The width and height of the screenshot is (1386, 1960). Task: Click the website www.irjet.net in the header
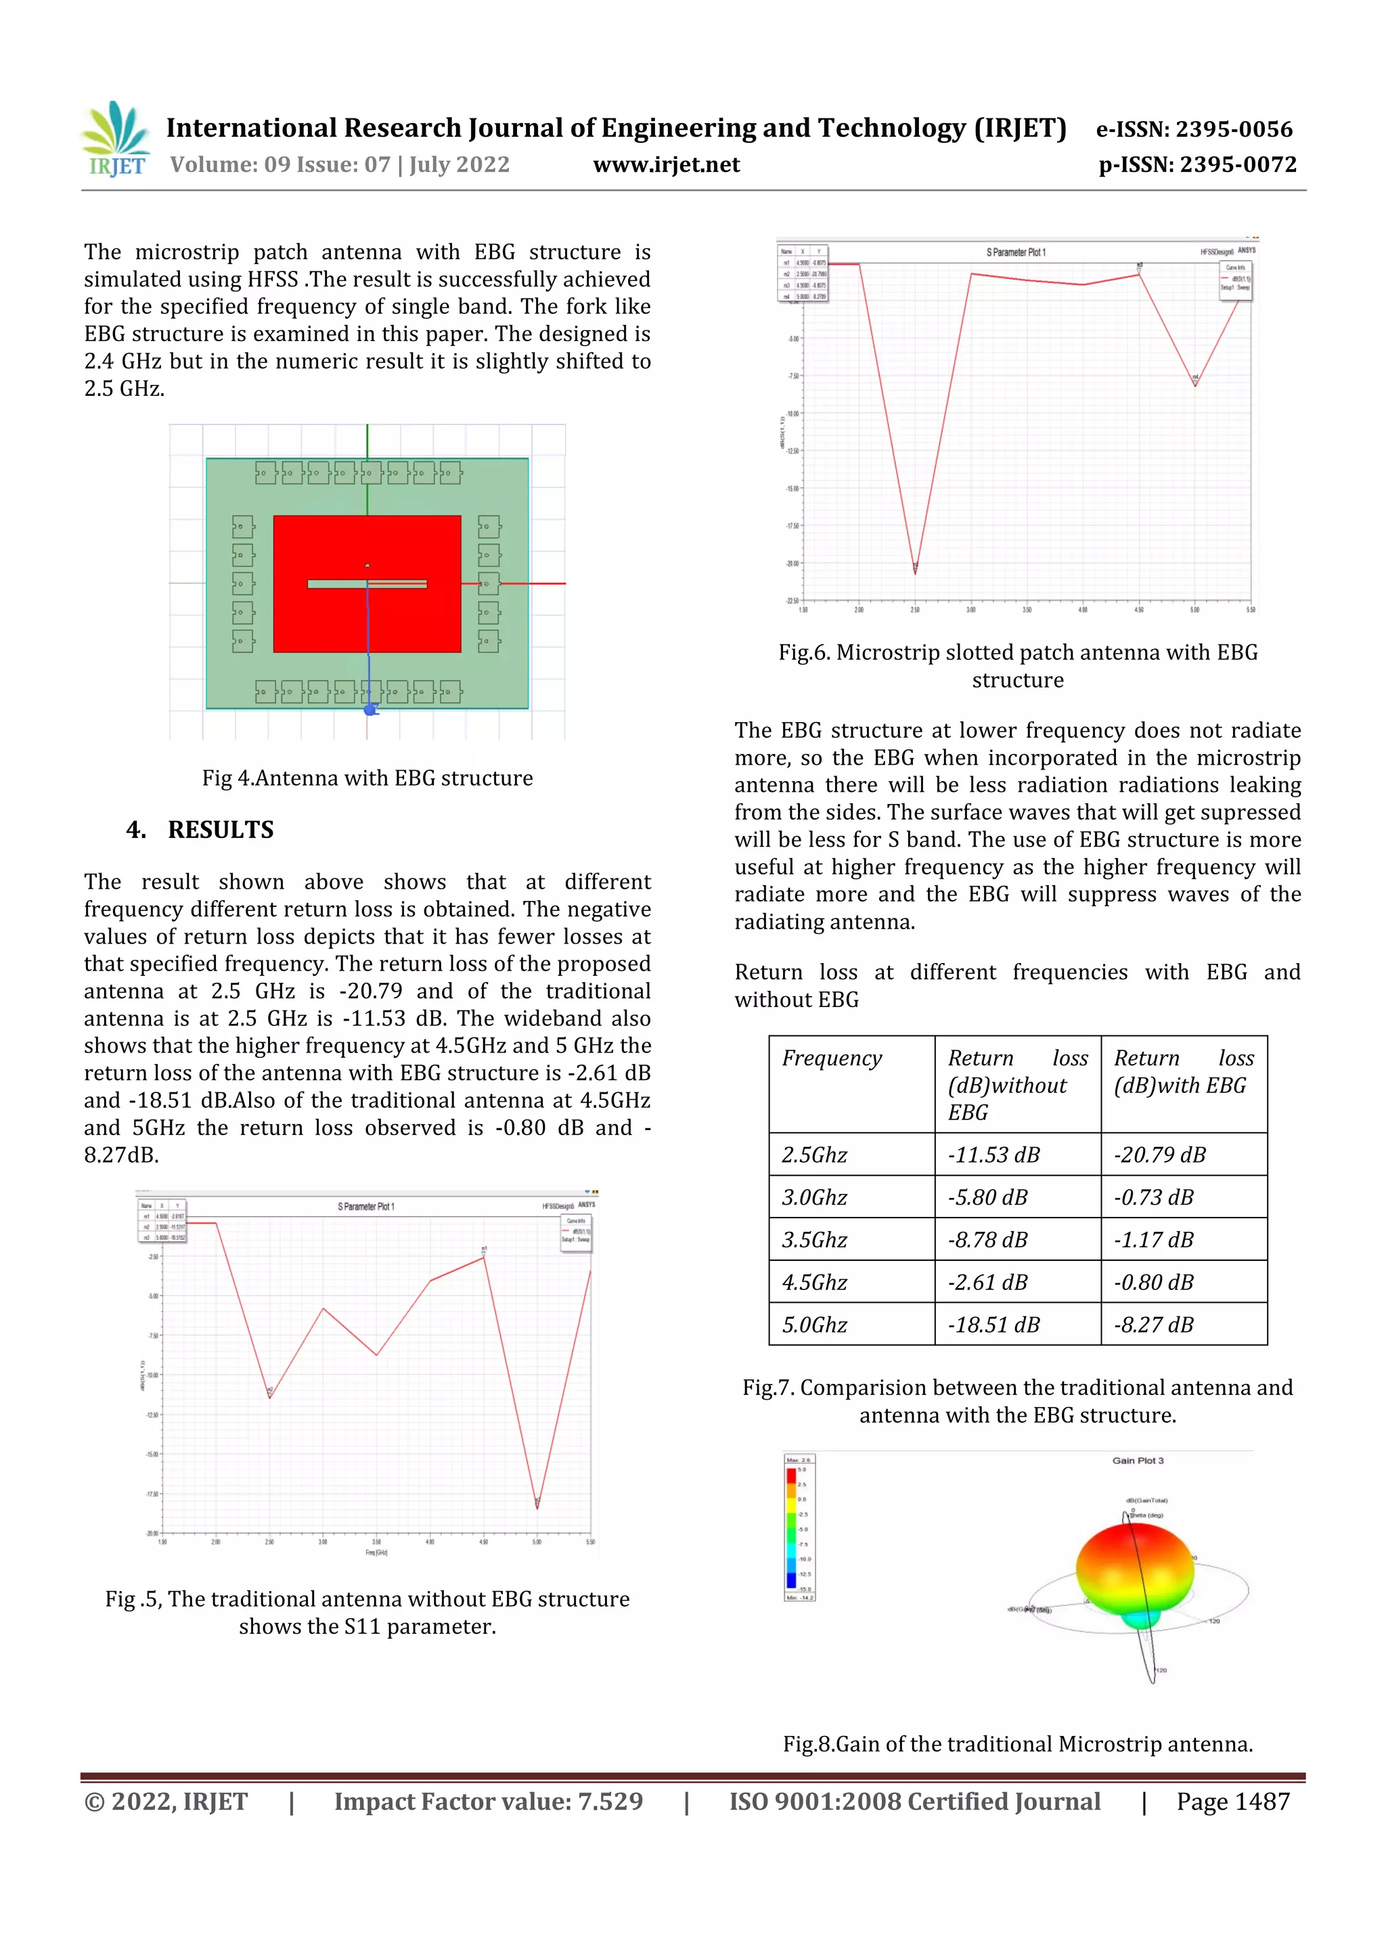coord(666,164)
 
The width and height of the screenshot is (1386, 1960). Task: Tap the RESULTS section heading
coord(220,830)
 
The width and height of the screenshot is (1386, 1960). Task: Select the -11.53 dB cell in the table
coord(993,1155)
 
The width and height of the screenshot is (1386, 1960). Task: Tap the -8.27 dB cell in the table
coord(1153,1325)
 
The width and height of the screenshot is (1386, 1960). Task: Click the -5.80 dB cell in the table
coord(987,1198)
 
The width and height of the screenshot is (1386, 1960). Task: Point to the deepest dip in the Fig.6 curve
coord(915,571)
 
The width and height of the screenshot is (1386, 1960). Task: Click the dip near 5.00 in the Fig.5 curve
coord(537,1506)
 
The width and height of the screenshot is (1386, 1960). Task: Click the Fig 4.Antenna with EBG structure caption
coord(367,778)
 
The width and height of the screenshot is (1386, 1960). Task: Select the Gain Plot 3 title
coord(1138,1461)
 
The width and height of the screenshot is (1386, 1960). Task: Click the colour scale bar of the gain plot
coord(791,1528)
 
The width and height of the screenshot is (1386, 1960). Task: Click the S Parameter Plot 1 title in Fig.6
coord(1016,252)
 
